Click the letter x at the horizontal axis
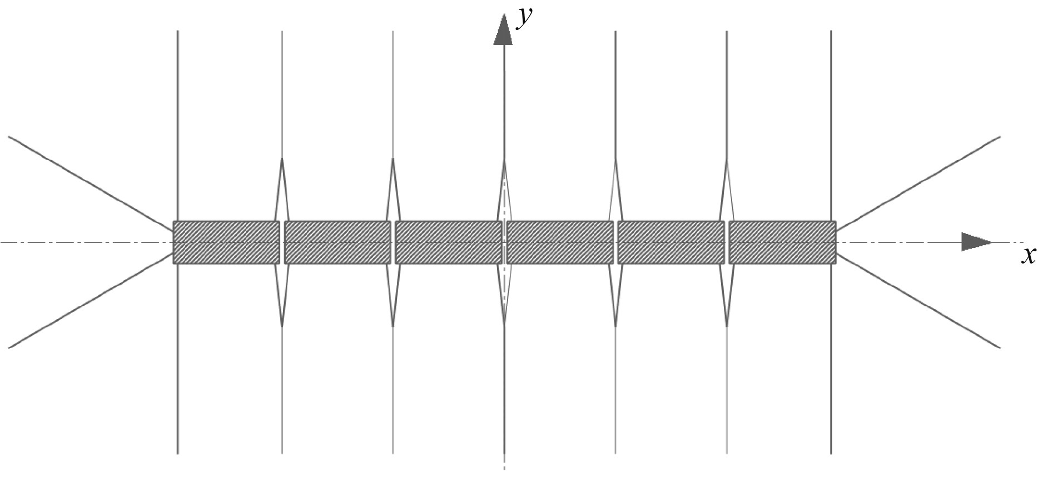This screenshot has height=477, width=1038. [1029, 256]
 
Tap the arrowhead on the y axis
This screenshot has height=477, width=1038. [503, 31]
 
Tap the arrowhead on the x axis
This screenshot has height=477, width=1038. [976, 242]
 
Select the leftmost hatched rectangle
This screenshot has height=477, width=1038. [226, 242]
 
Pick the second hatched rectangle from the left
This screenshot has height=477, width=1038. [337, 242]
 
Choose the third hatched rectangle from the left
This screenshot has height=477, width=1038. [449, 242]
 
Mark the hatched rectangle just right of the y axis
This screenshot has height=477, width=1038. [560, 242]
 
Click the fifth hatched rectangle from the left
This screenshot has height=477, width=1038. [671, 242]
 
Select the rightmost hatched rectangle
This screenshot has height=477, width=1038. [782, 242]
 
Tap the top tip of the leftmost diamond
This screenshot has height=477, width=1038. [282, 159]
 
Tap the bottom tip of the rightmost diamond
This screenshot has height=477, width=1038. [727, 326]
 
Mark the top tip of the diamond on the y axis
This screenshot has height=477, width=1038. [504, 160]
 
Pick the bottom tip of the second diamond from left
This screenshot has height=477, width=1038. [393, 326]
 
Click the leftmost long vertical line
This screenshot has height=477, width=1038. [177, 111]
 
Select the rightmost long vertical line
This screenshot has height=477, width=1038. [831, 111]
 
